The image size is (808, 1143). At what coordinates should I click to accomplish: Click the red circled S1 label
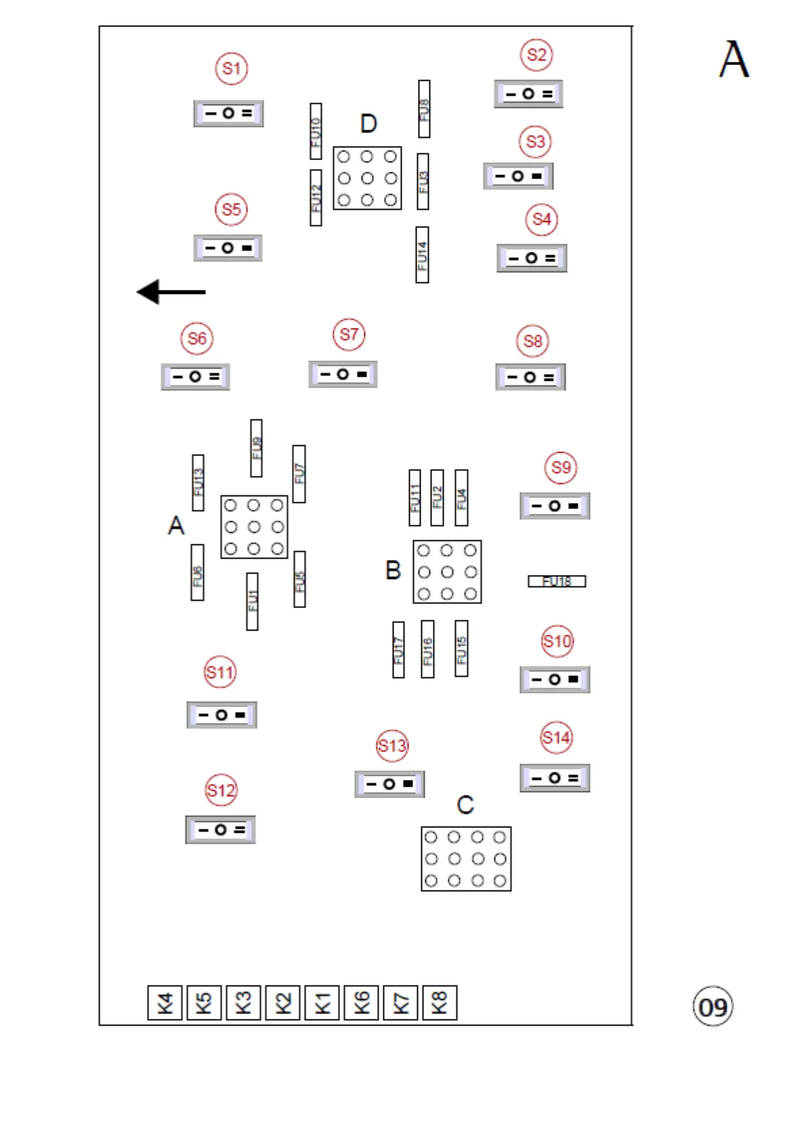[231, 69]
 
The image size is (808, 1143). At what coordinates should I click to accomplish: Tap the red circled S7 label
[349, 335]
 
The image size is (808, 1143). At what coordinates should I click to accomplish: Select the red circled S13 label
[392, 746]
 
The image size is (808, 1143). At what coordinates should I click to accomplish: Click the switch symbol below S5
[228, 248]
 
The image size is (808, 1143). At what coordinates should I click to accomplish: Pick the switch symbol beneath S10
[555, 679]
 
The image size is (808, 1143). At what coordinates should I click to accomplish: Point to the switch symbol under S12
[220, 829]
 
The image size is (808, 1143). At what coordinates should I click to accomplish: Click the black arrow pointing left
[171, 292]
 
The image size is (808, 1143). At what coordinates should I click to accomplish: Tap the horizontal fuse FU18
[557, 581]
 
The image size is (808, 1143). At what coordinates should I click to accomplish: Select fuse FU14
[422, 255]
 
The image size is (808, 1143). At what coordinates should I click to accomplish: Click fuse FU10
[315, 132]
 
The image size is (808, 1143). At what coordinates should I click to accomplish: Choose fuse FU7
[299, 474]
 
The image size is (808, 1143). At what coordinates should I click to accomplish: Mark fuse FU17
[398, 650]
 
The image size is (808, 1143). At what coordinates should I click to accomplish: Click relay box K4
[165, 1003]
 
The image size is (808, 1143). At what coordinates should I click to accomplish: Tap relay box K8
[440, 1003]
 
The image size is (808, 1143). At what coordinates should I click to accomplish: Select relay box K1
[322, 1003]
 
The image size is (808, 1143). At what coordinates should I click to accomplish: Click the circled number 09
[713, 1007]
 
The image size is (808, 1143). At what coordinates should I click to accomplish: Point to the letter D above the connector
[368, 124]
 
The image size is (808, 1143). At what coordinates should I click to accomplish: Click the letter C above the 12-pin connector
[465, 805]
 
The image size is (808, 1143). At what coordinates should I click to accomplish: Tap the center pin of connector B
[447, 572]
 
